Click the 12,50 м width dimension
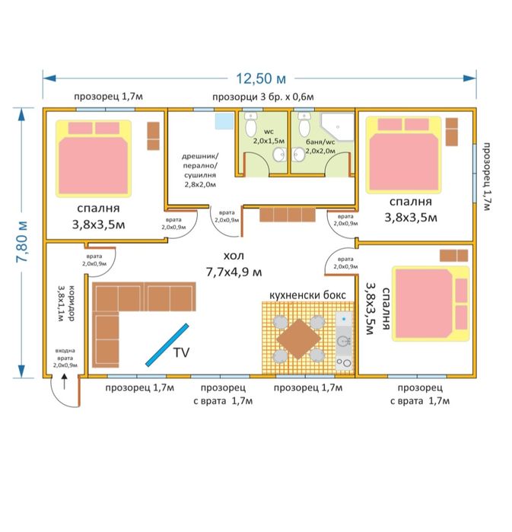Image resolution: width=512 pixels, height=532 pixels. click(x=255, y=78)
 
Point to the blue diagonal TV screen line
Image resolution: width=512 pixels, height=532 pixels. click(x=167, y=345)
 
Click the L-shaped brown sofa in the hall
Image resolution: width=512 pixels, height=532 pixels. click(x=122, y=308)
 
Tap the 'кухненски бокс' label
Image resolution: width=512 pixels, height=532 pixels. click(x=308, y=294)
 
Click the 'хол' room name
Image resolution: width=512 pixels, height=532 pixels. click(x=234, y=256)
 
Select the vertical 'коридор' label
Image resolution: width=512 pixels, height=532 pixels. click(x=66, y=304)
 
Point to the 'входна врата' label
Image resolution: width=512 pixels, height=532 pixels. click(x=65, y=358)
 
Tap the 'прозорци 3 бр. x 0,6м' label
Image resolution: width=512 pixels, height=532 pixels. click(x=262, y=97)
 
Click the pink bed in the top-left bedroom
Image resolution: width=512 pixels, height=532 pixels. click(x=93, y=158)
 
